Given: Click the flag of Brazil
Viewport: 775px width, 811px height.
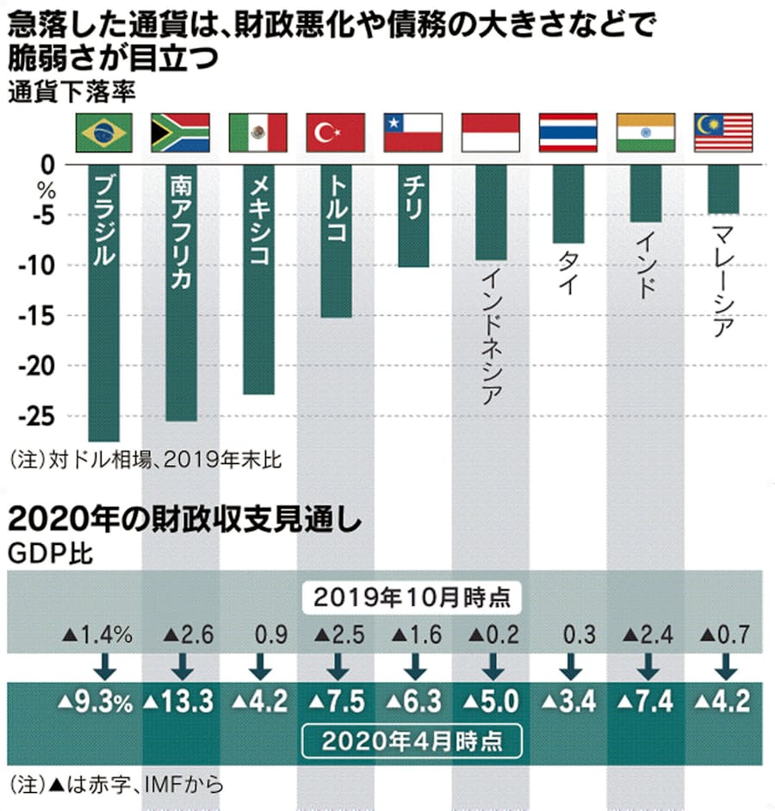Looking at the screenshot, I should (103, 133).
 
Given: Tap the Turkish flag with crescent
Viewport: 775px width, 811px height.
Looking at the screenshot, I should (336, 133).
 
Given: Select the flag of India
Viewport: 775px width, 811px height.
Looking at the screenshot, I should (646, 133).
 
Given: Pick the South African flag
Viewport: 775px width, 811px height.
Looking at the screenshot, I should (180, 133).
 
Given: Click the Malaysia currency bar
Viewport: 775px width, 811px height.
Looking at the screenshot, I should (723, 189).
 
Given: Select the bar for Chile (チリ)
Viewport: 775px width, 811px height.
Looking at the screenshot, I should (413, 215).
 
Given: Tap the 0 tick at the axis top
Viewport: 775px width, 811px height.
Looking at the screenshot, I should (47, 164).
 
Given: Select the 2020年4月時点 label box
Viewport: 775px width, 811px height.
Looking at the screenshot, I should (412, 740).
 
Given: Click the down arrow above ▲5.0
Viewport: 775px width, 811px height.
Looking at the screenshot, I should (491, 667).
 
